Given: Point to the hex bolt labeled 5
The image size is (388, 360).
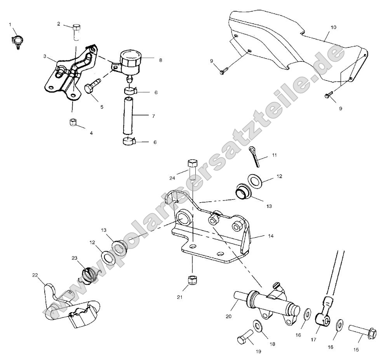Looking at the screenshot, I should pyautogui.click(x=92, y=85).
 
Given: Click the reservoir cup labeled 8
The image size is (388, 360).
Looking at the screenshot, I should pyautogui.click(x=130, y=61).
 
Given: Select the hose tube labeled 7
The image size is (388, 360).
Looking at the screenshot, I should pyautogui.click(x=128, y=116).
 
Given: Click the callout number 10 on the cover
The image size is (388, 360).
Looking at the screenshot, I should pyautogui.click(x=334, y=28).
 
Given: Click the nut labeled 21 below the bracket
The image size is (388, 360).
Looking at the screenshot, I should pyautogui.click(x=191, y=280).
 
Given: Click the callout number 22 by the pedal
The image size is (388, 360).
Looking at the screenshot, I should pyautogui.click(x=35, y=275).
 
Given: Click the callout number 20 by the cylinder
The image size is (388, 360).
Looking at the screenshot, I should pyautogui.click(x=228, y=316).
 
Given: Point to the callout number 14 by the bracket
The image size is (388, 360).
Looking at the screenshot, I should pyautogui.click(x=271, y=236).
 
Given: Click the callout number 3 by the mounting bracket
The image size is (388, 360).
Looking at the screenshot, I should pyautogui.click(x=45, y=56).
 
